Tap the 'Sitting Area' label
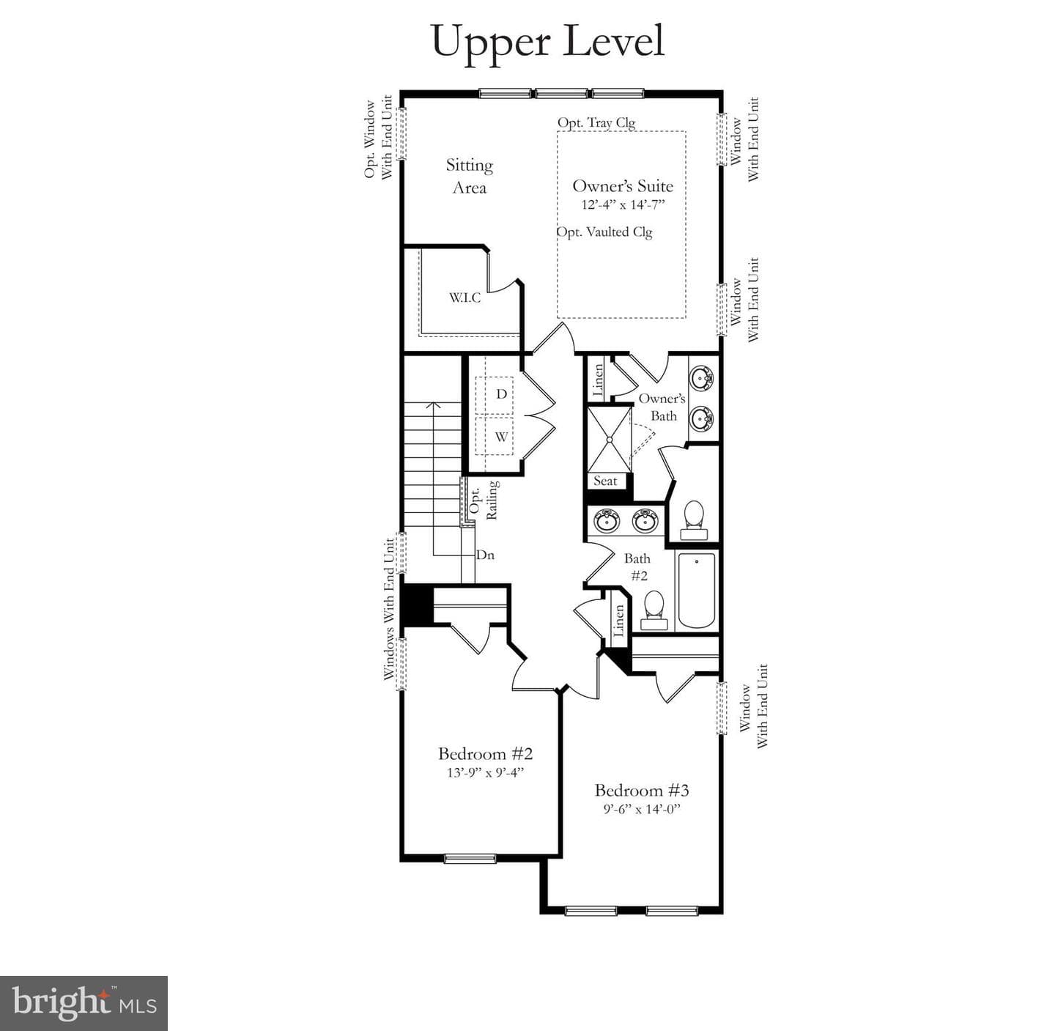click(470, 176)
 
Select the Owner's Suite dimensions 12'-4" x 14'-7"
click(623, 205)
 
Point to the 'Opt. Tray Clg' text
click(596, 122)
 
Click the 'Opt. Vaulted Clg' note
click(604, 232)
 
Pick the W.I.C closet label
click(464, 298)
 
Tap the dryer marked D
click(494, 394)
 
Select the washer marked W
click(494, 436)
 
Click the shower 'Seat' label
click(605, 481)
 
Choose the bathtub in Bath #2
click(697, 590)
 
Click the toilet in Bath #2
click(654, 610)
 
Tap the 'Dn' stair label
click(485, 555)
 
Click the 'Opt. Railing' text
click(484, 500)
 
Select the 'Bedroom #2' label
click(485, 754)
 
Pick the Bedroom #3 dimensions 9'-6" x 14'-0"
click(642, 809)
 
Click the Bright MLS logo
click(84, 1003)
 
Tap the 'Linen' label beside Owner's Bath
click(598, 380)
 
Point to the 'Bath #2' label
click(637, 566)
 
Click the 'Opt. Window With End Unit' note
click(378, 138)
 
